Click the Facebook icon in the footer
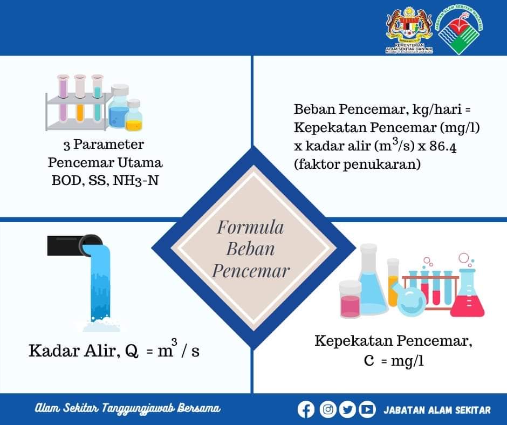coord(306,409)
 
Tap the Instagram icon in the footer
coord(328,409)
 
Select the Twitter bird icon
coord(347,409)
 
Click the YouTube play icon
coord(367,409)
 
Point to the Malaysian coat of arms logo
coord(409,29)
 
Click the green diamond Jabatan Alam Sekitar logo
coord(459,30)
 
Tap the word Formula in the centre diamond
coord(250,228)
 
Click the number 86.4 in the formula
coord(443,146)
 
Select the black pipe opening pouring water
coord(91,245)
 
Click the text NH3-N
coord(136,181)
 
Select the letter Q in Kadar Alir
coord(131,351)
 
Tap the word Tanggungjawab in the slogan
coord(139,408)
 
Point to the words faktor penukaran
coord(357,164)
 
